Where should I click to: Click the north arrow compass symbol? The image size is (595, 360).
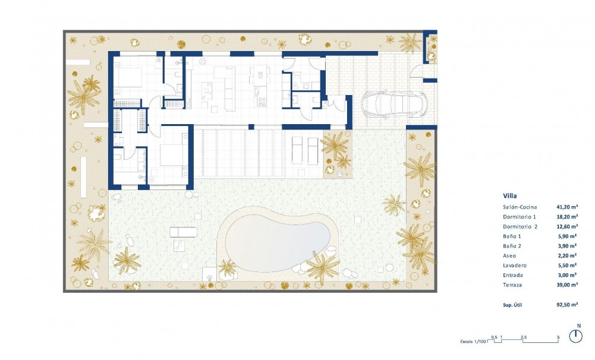point(575,336)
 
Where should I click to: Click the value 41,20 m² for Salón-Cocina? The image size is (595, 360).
point(567,207)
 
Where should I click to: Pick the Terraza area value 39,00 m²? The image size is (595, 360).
point(567,285)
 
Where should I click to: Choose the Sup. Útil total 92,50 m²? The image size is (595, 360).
point(567,305)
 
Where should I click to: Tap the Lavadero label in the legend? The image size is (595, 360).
point(515,266)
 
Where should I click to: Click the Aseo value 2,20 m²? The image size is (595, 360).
point(567,256)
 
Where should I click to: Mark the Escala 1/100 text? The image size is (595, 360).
point(473,343)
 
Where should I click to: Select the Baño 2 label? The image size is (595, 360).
point(513,246)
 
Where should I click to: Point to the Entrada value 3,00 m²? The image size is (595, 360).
point(567,276)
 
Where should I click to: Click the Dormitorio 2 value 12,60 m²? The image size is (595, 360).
point(567,226)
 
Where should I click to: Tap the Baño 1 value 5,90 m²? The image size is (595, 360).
point(567,236)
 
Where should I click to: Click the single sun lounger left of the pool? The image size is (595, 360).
point(181,232)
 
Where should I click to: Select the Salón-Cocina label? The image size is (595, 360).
point(522,207)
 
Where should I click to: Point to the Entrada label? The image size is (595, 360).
point(514,276)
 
